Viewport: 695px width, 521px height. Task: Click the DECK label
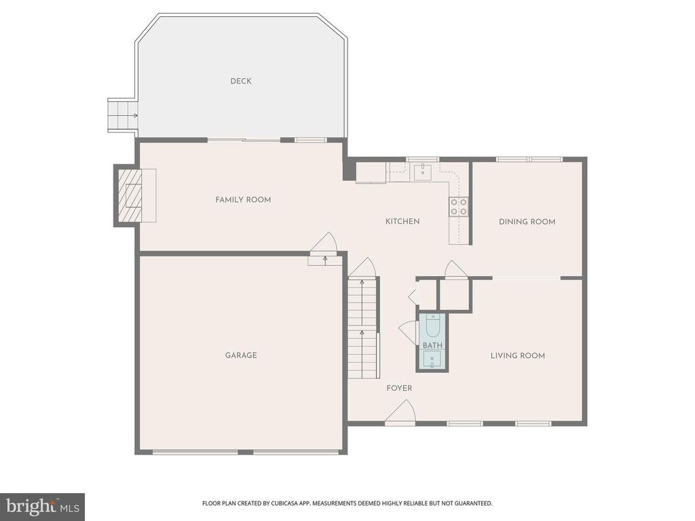(x=240, y=81)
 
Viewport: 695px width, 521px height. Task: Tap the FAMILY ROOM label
(x=243, y=199)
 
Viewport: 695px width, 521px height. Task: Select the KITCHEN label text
(x=402, y=221)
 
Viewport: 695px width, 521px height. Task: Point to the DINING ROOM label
(x=527, y=222)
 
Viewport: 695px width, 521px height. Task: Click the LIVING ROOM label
(x=518, y=355)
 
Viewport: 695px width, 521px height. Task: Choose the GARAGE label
(x=241, y=355)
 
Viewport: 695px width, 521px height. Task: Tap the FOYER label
(x=399, y=388)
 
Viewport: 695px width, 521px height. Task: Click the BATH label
(x=432, y=345)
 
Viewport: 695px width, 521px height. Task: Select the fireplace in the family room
(x=132, y=197)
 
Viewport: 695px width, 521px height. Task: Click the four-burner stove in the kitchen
(x=459, y=206)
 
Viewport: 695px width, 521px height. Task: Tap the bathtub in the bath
(x=432, y=328)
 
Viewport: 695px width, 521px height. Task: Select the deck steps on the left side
(x=123, y=115)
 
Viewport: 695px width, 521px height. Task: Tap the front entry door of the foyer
(x=400, y=412)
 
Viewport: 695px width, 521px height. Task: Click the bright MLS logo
(x=41, y=506)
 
